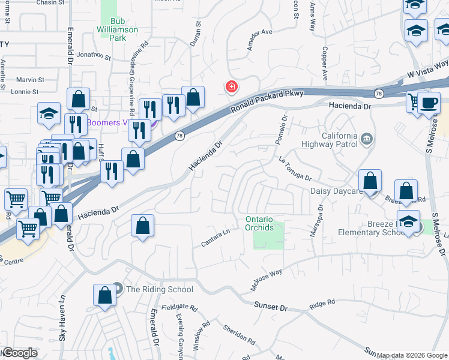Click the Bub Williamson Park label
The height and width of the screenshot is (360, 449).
click(118, 29)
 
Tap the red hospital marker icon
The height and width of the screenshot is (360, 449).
click(231, 88)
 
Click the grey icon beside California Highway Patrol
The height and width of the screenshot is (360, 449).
click(367, 140)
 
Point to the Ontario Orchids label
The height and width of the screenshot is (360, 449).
click(267, 223)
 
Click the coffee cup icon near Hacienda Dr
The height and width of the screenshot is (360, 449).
click(429, 102)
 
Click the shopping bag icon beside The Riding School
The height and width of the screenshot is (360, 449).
click(104, 296)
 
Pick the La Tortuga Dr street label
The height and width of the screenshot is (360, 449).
click(295, 169)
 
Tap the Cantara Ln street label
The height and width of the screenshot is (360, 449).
click(215, 237)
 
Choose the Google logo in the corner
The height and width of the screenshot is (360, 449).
click(20, 353)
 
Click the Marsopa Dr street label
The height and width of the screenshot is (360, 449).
click(315, 221)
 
